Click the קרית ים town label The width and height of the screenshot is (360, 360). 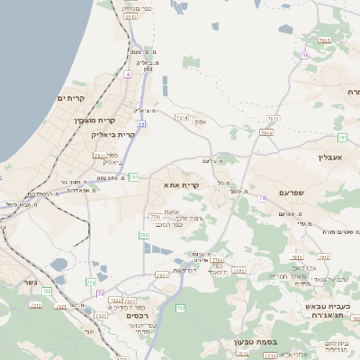pos(69,97)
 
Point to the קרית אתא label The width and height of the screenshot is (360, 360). pos(181,184)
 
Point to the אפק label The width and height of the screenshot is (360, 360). pos(200,122)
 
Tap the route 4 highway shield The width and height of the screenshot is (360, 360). pos(128,74)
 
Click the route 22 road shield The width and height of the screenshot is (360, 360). pos(141,123)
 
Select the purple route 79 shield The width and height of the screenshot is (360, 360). pos(262,197)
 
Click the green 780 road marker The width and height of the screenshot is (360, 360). pos(143,235)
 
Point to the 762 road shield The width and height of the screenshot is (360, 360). pos(181,308)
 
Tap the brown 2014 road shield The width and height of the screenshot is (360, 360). pos(265,133)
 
